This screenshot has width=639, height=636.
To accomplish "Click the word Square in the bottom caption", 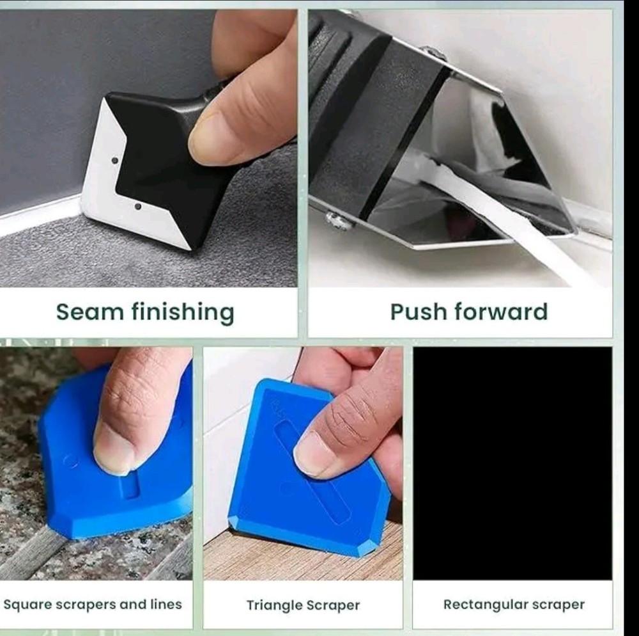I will click(26, 604).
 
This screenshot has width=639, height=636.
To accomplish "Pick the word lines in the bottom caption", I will click(164, 604).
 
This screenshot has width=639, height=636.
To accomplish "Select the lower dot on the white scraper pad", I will click(137, 207).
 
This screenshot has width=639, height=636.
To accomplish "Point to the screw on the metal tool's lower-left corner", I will click(337, 221).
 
